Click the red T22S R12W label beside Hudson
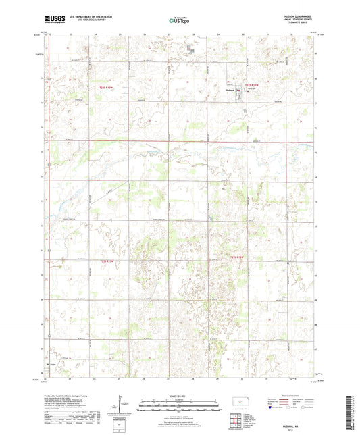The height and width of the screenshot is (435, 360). coord(251,85)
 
